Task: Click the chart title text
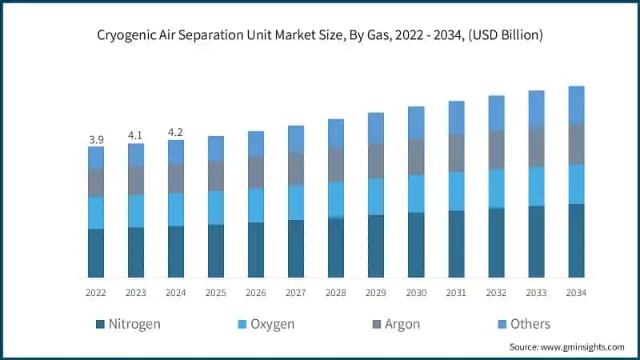pyautogui.click(x=320, y=35)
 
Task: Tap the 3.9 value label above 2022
pyautogui.click(x=96, y=139)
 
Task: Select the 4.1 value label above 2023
pyautogui.click(x=136, y=136)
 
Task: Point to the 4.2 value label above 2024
pyautogui.click(x=176, y=133)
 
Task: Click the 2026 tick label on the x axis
pyautogui.click(x=256, y=293)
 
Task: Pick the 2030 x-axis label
pyautogui.click(x=416, y=293)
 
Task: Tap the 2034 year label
pyautogui.click(x=576, y=293)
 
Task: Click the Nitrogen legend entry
pyautogui.click(x=128, y=324)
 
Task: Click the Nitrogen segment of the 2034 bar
pyautogui.click(x=576, y=241)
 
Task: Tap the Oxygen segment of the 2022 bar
pyautogui.click(x=96, y=213)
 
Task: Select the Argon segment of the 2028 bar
pyautogui.click(x=336, y=165)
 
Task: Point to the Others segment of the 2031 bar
pyautogui.click(x=456, y=118)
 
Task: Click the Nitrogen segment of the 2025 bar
pyautogui.click(x=216, y=251)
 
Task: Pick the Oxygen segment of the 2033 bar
pyautogui.click(x=536, y=186)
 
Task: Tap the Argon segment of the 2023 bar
pyautogui.click(x=136, y=181)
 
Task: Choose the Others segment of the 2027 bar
pyautogui.click(x=296, y=139)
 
